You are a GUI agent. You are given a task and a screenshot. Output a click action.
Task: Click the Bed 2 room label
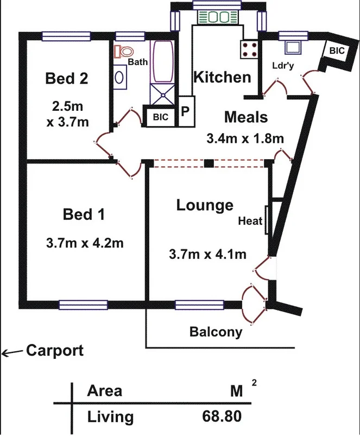click(x=67, y=79)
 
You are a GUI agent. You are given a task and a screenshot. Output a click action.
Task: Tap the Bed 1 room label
click(x=84, y=214)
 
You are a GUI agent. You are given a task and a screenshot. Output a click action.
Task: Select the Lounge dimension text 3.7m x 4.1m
click(x=208, y=254)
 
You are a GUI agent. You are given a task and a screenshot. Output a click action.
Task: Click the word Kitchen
click(x=223, y=77)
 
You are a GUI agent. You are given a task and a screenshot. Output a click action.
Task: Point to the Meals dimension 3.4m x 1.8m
click(x=245, y=138)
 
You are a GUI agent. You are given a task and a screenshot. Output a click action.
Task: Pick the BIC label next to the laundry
click(x=337, y=50)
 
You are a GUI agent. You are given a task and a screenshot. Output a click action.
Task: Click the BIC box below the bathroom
click(x=160, y=117)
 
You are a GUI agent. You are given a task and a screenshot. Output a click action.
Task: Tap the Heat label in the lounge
click(x=250, y=222)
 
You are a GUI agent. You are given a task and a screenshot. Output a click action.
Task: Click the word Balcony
click(x=216, y=332)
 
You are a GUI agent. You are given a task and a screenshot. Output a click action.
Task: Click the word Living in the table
click(x=110, y=417)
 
